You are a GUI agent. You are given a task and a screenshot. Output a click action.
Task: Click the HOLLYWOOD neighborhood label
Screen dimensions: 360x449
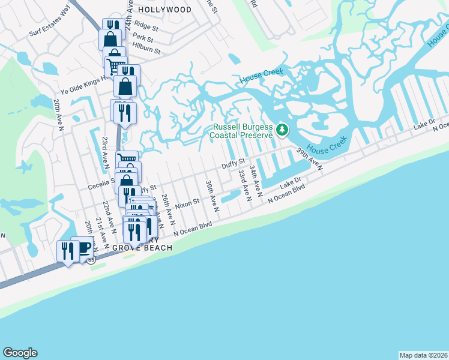pyautogui.click(x=164, y=10)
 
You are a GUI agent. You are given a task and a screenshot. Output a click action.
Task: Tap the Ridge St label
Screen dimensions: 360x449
pyautogui.click(x=146, y=26)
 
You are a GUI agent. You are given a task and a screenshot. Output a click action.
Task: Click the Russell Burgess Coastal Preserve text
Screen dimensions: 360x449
pyautogui.click(x=241, y=131)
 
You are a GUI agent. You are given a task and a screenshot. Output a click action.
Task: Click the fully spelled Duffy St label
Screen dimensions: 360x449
pyautogui.click(x=234, y=163)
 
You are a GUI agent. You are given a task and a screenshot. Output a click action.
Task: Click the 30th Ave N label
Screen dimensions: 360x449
pyautogui.click(x=211, y=196)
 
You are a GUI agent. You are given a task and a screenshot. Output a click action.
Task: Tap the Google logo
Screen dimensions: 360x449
pyautogui.click(x=20, y=353)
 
